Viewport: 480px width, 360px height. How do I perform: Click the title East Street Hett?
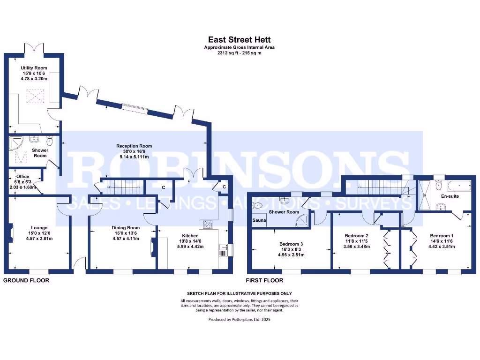point(240,40)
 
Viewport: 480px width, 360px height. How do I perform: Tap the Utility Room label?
point(34,68)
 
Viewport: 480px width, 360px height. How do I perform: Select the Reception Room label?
point(133,146)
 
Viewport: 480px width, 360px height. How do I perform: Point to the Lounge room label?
point(40,228)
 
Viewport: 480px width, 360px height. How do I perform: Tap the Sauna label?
point(259,220)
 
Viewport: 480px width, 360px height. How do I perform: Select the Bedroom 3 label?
point(291,244)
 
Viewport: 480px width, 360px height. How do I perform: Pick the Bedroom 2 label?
point(356,235)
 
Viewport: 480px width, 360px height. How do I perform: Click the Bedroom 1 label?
point(442,235)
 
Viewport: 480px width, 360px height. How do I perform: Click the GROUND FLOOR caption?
point(26,280)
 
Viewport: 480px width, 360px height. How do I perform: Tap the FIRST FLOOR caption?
point(265,280)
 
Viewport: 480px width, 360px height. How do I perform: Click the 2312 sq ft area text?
point(239,53)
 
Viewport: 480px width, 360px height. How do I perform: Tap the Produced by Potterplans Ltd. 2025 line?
point(239,319)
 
